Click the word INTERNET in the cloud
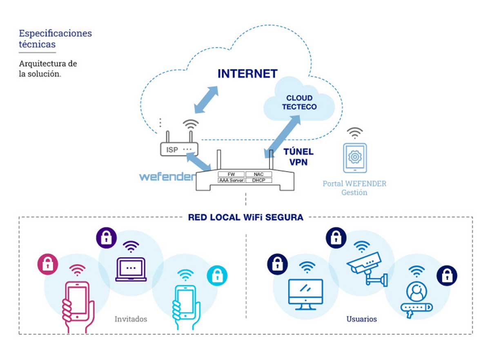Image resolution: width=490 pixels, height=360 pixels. pos(247,74)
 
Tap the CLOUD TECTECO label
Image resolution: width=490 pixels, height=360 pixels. pos(299,102)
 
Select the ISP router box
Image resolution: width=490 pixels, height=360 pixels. pos(178,150)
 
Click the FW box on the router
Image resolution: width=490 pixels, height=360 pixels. pos(231,174)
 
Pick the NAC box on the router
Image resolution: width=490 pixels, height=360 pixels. pos(259,174)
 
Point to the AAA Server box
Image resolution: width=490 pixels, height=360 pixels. pos(231,180)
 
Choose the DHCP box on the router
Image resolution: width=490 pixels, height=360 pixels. pos(259,180)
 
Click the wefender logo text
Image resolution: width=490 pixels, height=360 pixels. pos(167,177)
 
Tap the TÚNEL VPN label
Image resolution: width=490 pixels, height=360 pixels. pos(298,157)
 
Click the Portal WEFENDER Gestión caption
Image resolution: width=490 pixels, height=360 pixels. pos(354,188)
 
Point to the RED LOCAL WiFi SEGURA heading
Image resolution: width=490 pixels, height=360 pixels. pos(245,217)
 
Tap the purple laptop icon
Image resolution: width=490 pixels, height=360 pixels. pos(130,269)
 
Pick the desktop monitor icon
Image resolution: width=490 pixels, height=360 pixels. pos(305,292)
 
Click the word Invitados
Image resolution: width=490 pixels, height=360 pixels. pos(131,319)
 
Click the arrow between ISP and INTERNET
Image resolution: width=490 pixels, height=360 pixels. pos(206,99)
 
